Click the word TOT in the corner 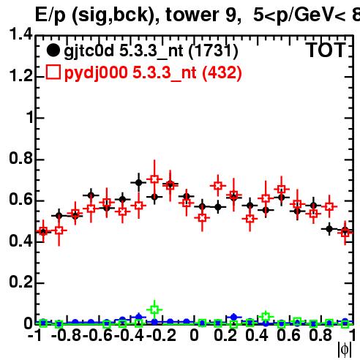pyautogui.click(x=326, y=50)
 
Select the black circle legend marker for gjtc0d pyautogui.click(x=53, y=50)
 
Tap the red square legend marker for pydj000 pyautogui.click(x=53, y=72)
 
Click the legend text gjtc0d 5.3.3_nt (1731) pyautogui.click(x=151, y=51)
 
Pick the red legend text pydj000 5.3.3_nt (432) pyautogui.click(x=153, y=73)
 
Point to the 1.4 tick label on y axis pyautogui.click(x=20, y=34)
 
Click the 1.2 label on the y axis pyautogui.click(x=20, y=75)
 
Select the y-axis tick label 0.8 pyautogui.click(x=20, y=158)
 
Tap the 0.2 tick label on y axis pyautogui.click(x=20, y=282)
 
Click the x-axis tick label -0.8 pyautogui.click(x=67, y=335)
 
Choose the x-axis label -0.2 pyautogui.click(x=161, y=335)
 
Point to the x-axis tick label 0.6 pyautogui.click(x=288, y=335)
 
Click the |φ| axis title pyautogui.click(x=345, y=350)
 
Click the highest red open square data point pyautogui.click(x=154, y=179)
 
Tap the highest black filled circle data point pyautogui.click(x=138, y=182)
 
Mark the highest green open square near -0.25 pyautogui.click(x=154, y=310)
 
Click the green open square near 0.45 pyautogui.click(x=266, y=317)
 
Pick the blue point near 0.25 pyautogui.click(x=233, y=317)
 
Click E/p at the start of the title pyautogui.click(x=50, y=15)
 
